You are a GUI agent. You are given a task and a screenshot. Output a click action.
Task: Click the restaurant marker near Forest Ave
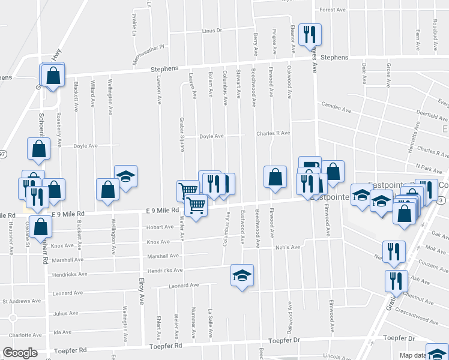310,34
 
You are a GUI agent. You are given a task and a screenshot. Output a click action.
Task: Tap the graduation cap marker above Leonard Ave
242,275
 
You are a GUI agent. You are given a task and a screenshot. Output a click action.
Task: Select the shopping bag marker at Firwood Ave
275,177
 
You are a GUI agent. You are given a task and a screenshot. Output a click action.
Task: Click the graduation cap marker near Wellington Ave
125,176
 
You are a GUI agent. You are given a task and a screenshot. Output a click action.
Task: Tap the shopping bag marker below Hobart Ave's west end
41,227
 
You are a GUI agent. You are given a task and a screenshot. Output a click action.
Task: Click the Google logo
20,353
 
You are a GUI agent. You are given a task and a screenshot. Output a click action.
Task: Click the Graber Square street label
181,137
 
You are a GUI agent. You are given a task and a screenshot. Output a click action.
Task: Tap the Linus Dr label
212,31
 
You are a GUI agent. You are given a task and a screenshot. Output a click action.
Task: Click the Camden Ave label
336,107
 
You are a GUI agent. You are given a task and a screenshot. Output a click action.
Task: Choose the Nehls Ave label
287,247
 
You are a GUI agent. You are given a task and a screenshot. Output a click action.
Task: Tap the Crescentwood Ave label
420,314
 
